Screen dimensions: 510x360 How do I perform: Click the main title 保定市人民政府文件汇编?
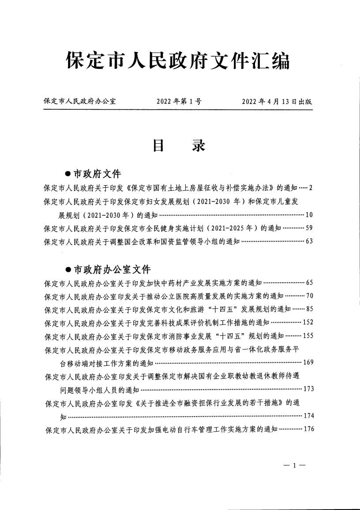178,60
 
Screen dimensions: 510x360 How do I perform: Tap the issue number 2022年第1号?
179,101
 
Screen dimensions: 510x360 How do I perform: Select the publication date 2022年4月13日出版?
277,101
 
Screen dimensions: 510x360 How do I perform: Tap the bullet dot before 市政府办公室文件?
68,269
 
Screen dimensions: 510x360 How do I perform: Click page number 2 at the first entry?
311,188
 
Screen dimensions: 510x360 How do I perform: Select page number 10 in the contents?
309,215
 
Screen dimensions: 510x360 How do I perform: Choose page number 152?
307,322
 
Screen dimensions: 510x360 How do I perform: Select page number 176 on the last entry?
307,429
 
